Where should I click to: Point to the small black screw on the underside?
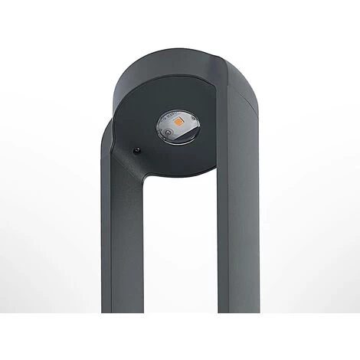[136, 149]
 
